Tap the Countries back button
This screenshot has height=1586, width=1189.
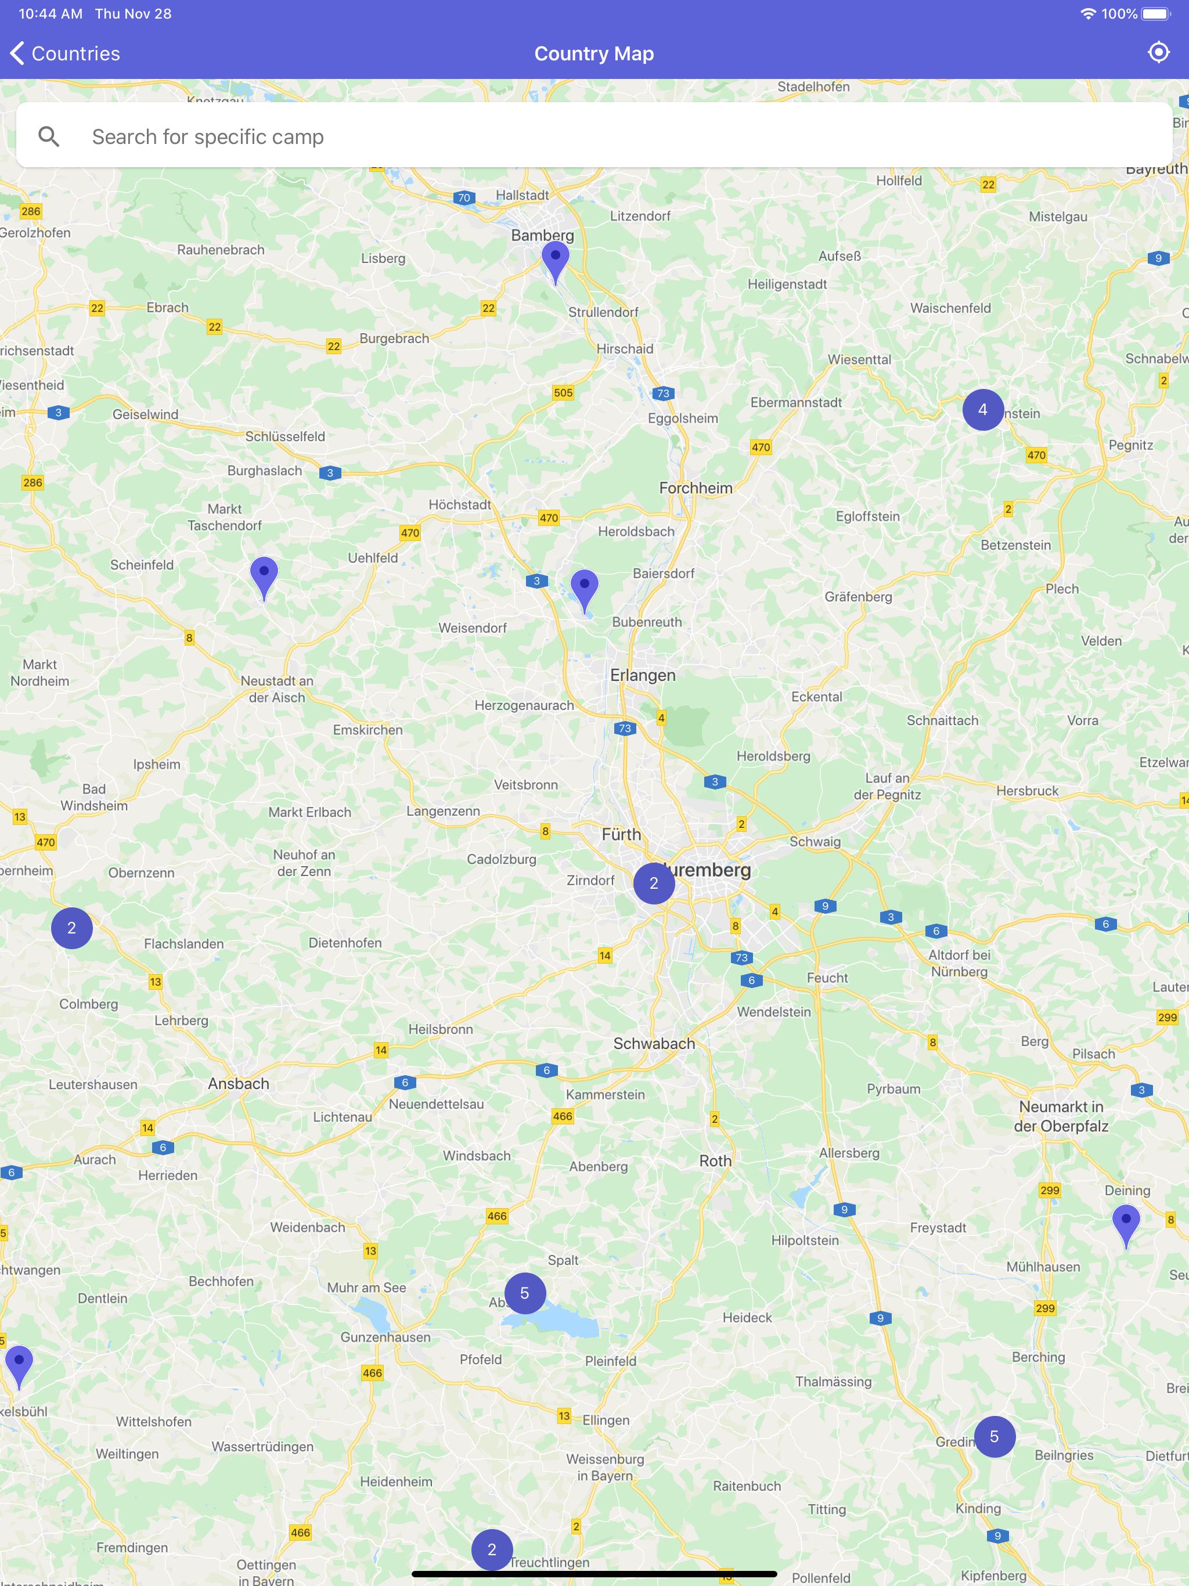coord(64,54)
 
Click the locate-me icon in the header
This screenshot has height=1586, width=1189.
coord(1158,52)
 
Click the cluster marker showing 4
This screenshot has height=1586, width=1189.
coord(982,409)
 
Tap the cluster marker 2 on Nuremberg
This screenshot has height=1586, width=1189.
coord(653,882)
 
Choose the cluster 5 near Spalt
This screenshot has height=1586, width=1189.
coord(524,1293)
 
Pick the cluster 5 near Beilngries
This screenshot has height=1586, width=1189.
coord(994,1436)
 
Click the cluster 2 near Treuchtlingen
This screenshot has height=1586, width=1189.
coord(492,1549)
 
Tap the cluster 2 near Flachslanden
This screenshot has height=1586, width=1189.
coord(72,928)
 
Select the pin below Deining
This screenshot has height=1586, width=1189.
coord(1125,1223)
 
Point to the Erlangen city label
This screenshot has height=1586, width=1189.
coord(643,675)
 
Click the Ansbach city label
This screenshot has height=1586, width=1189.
coord(239,1083)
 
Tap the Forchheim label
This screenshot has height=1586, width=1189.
coord(696,488)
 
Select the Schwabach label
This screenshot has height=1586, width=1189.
coord(654,1043)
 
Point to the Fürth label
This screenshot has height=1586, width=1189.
coord(621,834)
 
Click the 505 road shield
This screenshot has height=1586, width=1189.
coord(563,392)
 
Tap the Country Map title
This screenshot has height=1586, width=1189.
coord(594,54)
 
